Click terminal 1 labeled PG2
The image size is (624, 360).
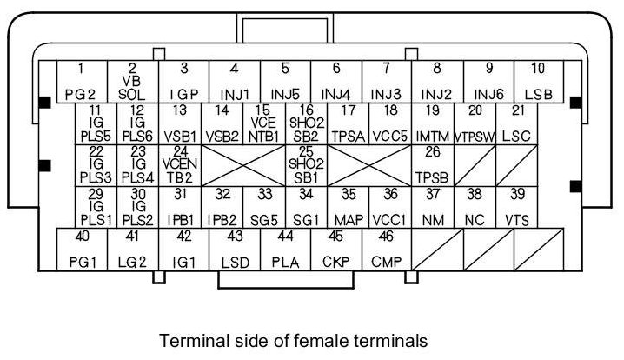[x=81, y=81]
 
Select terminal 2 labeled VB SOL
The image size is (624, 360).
[x=132, y=81]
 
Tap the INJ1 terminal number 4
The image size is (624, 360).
[x=183, y=81]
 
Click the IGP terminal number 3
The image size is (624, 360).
[x=183, y=81]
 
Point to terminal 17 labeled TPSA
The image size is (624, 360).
[x=349, y=123]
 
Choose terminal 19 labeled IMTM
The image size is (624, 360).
[x=432, y=123]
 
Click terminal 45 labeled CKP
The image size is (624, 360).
[x=335, y=250]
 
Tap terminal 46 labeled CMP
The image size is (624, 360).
[x=385, y=250]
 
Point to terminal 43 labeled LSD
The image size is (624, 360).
[x=234, y=250]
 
